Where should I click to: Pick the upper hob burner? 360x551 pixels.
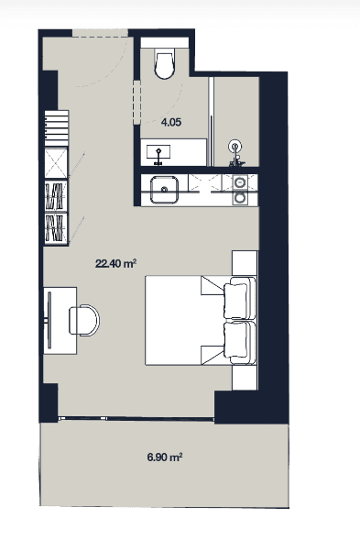[241, 182]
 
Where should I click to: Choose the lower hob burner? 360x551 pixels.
[241, 197]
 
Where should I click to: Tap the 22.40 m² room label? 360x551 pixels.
[116, 264]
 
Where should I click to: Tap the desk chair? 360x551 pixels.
[85, 319]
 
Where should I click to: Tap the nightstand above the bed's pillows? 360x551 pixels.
[245, 262]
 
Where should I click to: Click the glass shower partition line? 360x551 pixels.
[213, 119]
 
